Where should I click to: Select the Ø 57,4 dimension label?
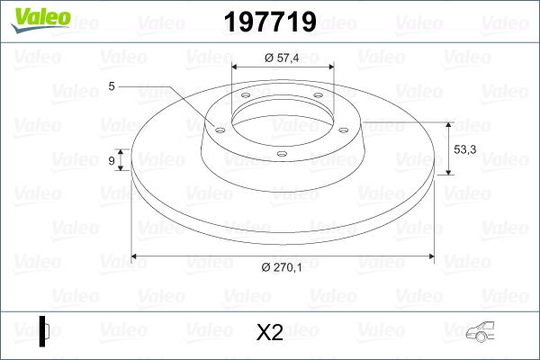(x=282, y=58)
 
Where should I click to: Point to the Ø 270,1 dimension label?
(x=283, y=266)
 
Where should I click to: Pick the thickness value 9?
(x=112, y=160)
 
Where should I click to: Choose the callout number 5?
(x=112, y=86)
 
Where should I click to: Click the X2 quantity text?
(x=270, y=333)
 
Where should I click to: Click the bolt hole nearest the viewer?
(x=282, y=154)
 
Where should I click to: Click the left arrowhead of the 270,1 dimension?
(x=136, y=256)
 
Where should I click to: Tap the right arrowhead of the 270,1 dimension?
(x=433, y=256)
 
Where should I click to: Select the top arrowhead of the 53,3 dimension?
(x=448, y=123)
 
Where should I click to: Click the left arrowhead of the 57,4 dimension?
(x=236, y=67)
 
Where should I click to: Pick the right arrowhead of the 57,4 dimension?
(x=330, y=67)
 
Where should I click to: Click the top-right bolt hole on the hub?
(x=318, y=100)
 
